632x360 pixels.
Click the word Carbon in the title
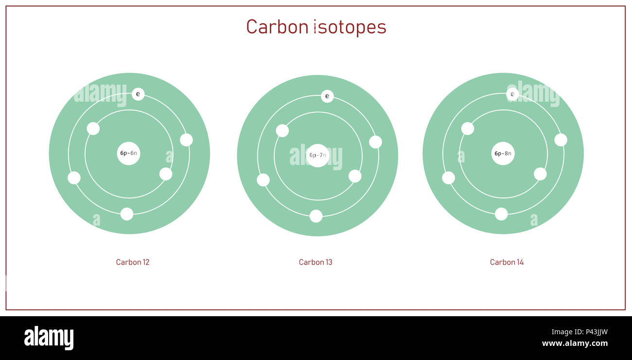(277, 27)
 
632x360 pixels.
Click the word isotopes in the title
(350, 27)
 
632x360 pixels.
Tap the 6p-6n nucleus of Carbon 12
(129, 153)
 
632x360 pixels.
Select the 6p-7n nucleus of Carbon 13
(317, 155)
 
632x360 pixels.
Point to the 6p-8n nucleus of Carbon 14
(503, 153)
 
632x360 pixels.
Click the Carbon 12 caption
(133, 262)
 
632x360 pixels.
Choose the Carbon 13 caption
(316, 262)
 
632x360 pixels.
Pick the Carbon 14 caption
(507, 262)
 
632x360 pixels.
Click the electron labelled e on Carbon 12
(138, 94)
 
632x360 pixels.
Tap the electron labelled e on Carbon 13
(327, 96)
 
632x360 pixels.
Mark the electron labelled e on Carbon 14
(512, 94)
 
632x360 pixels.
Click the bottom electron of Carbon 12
(127, 214)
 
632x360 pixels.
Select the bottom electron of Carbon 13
(316, 216)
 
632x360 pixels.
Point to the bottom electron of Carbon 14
(501, 214)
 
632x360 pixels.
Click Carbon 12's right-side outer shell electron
(186, 140)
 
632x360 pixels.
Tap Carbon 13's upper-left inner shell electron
(282, 130)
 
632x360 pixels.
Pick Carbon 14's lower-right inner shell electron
(540, 174)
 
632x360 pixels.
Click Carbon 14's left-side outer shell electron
(448, 178)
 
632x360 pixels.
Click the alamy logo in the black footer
(49, 338)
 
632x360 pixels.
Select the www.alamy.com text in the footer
(575, 343)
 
